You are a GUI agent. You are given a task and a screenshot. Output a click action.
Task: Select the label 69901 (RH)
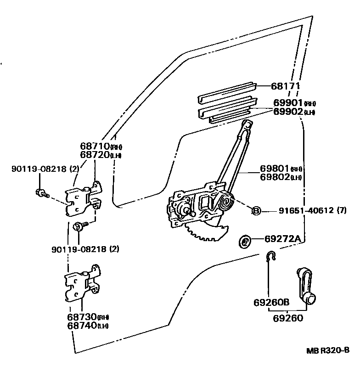[294, 103]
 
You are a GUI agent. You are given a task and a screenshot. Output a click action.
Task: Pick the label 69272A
[283, 238]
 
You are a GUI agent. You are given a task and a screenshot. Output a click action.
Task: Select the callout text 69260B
[271, 303]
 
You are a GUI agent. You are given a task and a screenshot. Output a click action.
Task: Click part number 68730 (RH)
[89, 317]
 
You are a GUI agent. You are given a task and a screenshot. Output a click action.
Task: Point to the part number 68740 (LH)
[89, 326]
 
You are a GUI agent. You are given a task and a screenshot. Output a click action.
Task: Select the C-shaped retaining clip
[271, 256]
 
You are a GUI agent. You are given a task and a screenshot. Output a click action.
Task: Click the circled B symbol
[256, 210]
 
